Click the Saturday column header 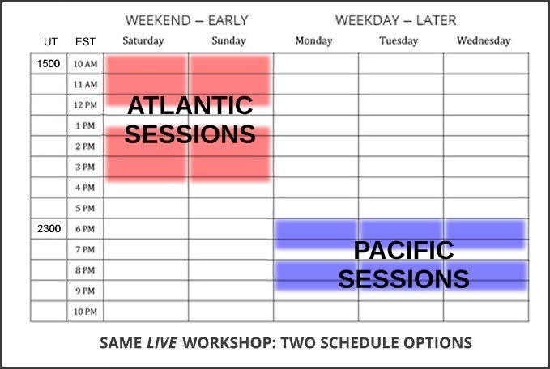143,41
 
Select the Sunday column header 228,41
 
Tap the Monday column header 314,41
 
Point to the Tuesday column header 399,41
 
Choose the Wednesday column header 484,41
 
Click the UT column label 50,42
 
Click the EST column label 85,42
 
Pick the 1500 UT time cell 49,63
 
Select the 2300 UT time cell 49,229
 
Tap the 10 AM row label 85,64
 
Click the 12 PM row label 85,105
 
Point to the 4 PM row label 85,188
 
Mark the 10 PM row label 85,312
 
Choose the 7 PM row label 85,249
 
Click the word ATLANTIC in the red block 190,105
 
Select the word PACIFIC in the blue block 403,250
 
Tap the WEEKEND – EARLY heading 186,20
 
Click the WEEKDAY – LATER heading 395,20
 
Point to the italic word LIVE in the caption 162,343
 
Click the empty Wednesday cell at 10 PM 486,312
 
